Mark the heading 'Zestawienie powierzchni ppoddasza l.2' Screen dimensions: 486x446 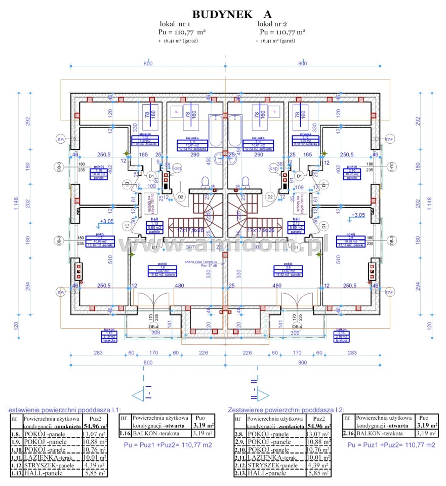click(x=286, y=409)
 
